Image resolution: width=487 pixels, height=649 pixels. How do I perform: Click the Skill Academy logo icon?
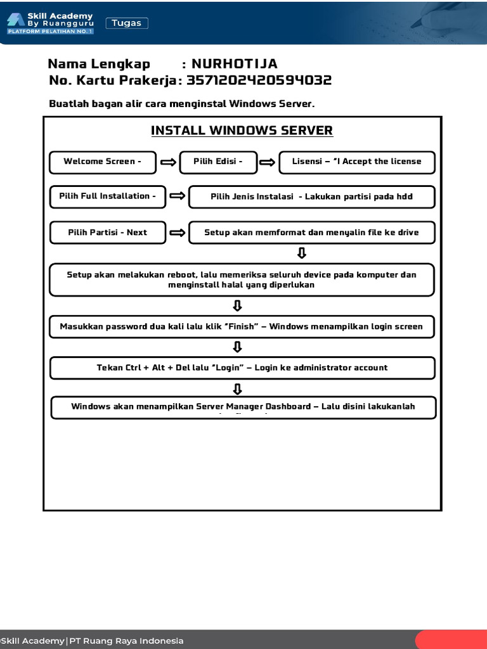16,20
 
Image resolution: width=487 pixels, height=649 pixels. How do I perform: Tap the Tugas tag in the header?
127,23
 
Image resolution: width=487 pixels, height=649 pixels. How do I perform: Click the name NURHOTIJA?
235,64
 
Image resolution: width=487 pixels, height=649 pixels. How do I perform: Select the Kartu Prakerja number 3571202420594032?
259,80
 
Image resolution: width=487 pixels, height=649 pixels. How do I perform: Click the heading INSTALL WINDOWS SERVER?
242,131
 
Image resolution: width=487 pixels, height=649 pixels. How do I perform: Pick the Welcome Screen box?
103,162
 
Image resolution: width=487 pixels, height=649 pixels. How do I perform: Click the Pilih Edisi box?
218,162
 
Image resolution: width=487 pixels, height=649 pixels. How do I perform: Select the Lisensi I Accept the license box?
356,162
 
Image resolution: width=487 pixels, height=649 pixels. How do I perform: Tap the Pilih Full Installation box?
108,196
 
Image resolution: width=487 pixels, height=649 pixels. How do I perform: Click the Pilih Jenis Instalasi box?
311,196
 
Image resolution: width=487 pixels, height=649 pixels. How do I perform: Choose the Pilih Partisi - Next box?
108,233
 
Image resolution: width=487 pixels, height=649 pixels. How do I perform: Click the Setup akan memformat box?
311,233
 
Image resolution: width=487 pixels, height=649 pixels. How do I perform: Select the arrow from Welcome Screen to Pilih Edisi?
168,163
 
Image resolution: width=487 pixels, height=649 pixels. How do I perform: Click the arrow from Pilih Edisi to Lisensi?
268,163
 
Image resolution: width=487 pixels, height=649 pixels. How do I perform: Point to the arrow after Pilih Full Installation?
178,196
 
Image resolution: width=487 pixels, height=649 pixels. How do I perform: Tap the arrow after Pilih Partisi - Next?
178,233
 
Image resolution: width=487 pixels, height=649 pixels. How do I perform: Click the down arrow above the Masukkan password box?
238,306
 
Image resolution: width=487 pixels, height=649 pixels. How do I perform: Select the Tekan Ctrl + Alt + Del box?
242,368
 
